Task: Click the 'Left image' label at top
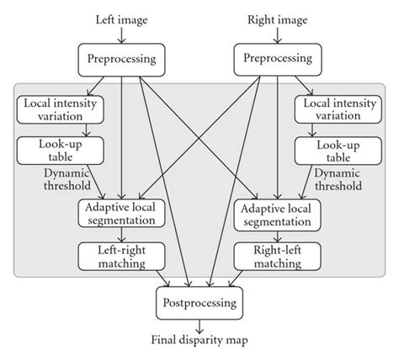click(123, 19)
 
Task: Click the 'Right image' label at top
click(276, 19)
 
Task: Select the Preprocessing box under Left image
click(123, 59)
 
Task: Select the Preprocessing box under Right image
click(276, 59)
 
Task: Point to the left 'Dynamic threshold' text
click(48, 179)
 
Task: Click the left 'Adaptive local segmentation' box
click(123, 214)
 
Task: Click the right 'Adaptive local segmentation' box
click(277, 214)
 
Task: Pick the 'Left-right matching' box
click(123, 257)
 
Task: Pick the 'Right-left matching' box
click(277, 257)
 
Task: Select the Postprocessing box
click(199, 299)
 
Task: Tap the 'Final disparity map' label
click(199, 341)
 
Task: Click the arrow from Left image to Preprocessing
click(123, 35)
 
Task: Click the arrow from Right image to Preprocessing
click(276, 35)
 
